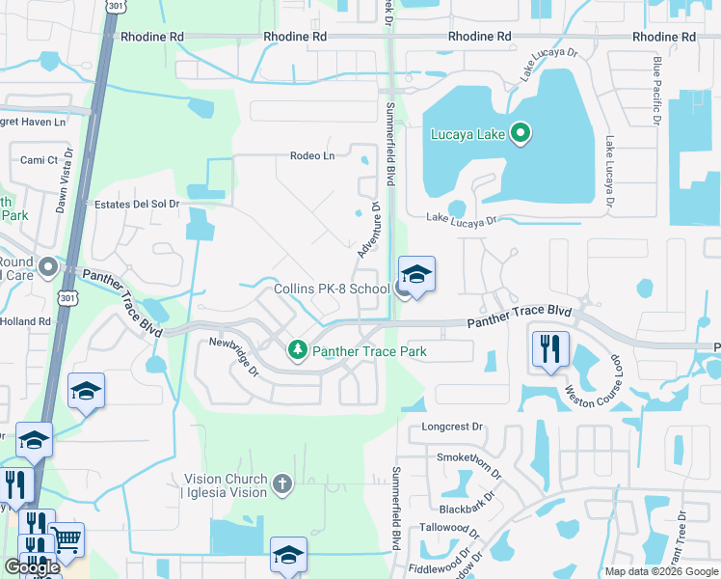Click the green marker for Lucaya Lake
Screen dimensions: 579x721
521,133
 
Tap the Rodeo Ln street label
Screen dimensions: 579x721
312,156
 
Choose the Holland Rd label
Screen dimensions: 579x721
25,321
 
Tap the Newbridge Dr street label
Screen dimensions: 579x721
235,356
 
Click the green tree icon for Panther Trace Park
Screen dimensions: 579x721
299,349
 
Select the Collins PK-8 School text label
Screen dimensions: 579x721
332,289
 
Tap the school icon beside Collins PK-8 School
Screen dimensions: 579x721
416,276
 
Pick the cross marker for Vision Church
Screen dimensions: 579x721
281,483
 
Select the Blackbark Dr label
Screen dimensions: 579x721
467,504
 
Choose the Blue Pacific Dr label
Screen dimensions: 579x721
655,91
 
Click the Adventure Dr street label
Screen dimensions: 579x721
369,231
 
